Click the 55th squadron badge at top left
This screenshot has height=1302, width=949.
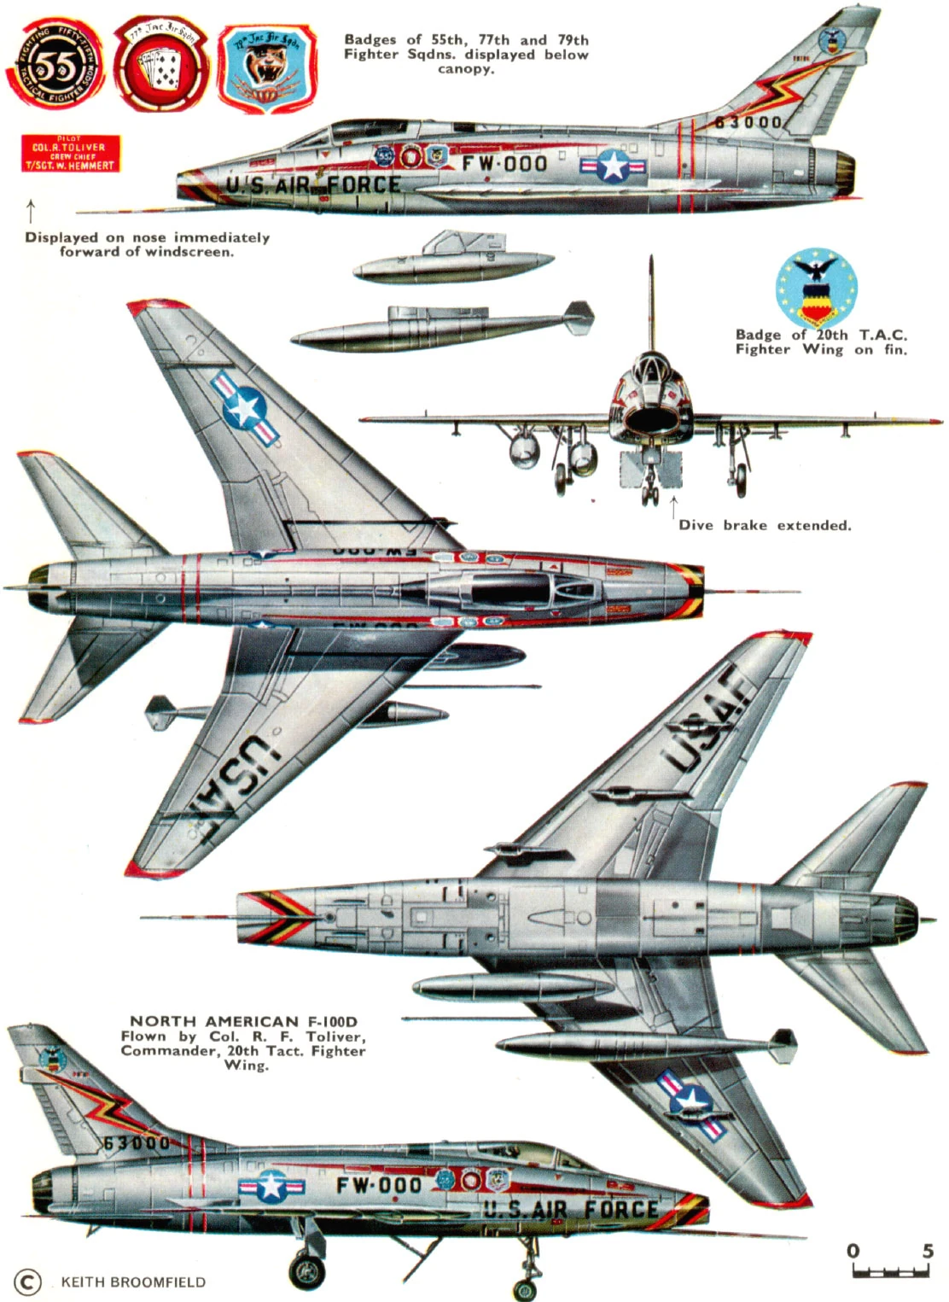coord(55,66)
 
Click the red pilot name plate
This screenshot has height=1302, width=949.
coord(70,153)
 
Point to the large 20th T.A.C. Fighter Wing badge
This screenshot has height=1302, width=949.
coord(817,289)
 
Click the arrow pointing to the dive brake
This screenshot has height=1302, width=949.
coord(674,505)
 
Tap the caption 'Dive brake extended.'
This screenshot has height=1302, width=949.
coord(765,526)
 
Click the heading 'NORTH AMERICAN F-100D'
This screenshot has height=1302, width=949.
coord(243,1021)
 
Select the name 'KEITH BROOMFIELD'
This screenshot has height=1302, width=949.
coord(133,1282)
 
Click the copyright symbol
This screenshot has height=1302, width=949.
coord(27,1282)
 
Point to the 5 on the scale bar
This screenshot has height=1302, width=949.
coord(928,1252)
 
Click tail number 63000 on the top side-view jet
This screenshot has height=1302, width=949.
coord(747,122)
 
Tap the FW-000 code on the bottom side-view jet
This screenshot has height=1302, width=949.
coord(378,1185)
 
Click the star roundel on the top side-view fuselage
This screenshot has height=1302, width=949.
coord(613,166)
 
